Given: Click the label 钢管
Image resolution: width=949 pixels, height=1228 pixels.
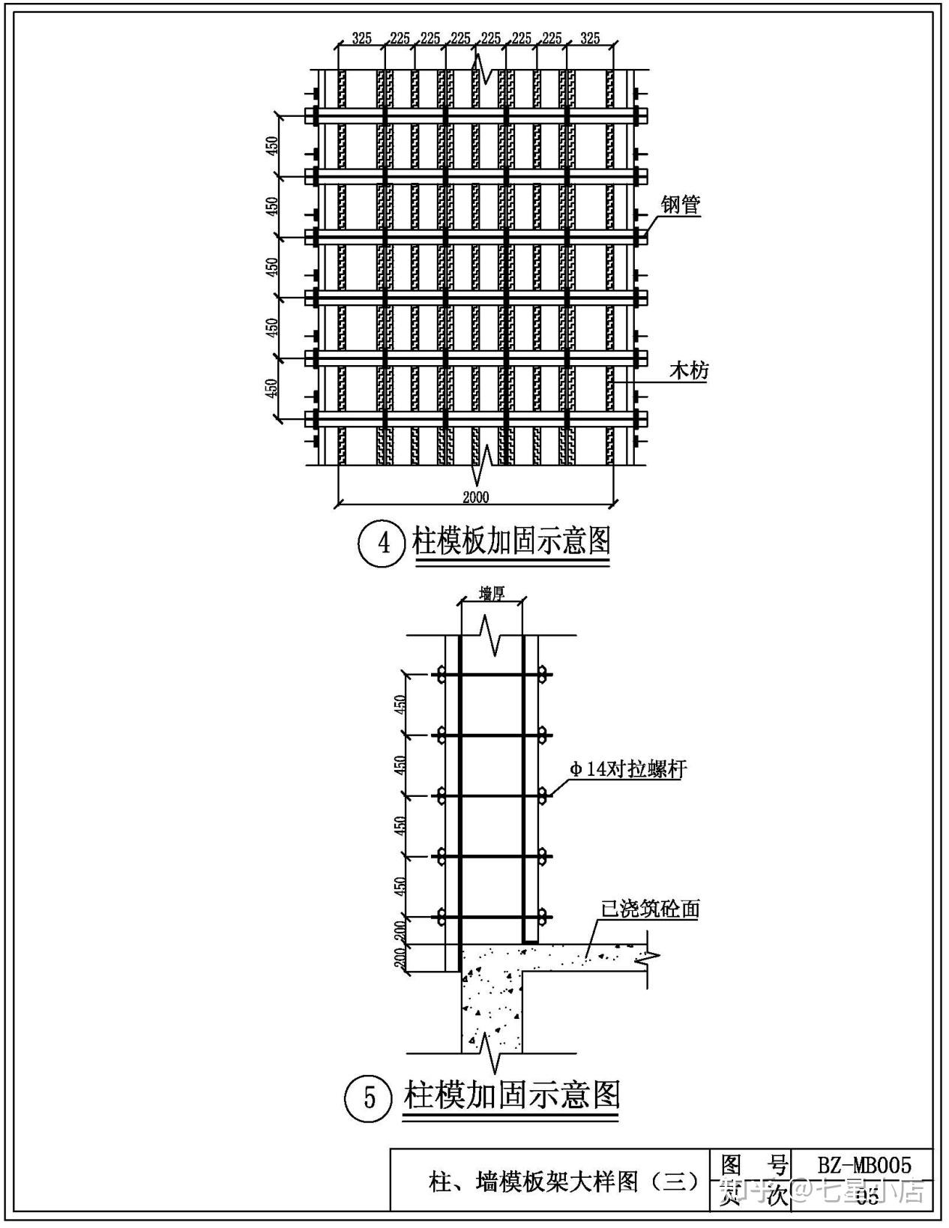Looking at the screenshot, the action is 681,205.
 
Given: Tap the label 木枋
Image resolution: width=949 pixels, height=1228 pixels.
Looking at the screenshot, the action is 689,370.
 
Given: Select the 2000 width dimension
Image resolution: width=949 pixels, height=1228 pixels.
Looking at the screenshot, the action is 475,497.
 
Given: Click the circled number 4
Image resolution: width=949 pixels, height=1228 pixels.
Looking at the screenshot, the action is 384,542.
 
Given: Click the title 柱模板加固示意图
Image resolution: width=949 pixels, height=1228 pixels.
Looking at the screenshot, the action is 511,541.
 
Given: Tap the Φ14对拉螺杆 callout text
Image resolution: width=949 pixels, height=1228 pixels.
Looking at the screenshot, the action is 628,769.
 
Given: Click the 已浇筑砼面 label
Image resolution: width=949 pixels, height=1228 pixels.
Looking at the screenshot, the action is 650,909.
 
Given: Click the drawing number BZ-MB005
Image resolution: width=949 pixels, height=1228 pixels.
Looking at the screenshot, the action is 864,1165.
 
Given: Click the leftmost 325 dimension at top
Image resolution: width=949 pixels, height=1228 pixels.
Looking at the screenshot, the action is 361,38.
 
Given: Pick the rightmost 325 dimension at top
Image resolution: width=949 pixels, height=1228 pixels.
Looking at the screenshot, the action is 590,38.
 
